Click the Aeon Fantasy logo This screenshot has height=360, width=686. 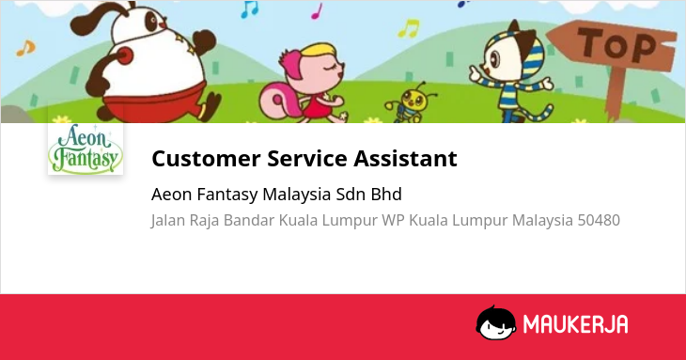[x=86, y=149]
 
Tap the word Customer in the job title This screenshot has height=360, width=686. [x=206, y=158]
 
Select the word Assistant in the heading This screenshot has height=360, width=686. [x=406, y=158]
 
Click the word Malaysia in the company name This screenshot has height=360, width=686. [x=297, y=195]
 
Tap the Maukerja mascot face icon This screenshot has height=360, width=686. [x=495, y=322]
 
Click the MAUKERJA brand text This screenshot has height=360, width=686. [x=576, y=324]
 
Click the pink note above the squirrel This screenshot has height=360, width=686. [x=317, y=11]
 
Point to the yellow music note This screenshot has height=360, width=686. [x=409, y=28]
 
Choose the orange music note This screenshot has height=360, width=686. [x=25, y=48]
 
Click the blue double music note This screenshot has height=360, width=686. [x=250, y=9]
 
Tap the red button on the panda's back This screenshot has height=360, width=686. [x=124, y=56]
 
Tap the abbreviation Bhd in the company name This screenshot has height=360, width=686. [x=386, y=195]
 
